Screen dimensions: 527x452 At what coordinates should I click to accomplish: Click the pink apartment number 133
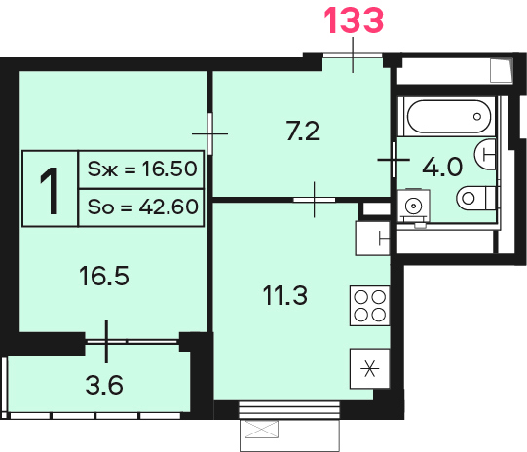pos(354,20)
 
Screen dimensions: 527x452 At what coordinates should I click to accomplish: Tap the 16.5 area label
pos(104,276)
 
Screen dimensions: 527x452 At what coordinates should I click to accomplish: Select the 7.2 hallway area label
pos(303,132)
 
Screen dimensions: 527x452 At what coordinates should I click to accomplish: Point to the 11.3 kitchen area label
pos(285,295)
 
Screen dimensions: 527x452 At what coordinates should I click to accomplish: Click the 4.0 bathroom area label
pos(442,167)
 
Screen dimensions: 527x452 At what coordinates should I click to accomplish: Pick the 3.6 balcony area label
pos(104,385)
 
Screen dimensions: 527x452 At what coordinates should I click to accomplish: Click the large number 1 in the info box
pos(50,191)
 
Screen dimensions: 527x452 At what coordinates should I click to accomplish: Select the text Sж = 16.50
pos(142,169)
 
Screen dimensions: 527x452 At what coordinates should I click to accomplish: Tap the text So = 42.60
pos(143,207)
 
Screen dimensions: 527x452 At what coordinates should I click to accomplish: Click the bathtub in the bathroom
pos(449,117)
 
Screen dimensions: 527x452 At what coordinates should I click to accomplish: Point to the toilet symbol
pos(476,198)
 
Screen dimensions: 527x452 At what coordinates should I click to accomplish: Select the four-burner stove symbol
pos(370,306)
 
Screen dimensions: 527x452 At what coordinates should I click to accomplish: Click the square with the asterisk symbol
pos(370,368)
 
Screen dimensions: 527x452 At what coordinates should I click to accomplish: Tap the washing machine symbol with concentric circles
pos(414,206)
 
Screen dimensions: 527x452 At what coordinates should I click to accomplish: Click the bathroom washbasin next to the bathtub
pos(485,155)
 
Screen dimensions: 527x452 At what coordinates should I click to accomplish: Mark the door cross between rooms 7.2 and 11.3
pos(315,200)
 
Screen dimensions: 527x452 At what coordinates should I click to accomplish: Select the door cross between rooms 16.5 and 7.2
pos(210,133)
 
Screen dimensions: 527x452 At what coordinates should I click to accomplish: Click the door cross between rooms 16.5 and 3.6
pos(106,342)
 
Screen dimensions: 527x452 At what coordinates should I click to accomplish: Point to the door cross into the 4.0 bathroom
pos(394,160)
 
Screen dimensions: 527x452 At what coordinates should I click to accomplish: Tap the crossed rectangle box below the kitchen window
pos(261,430)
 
